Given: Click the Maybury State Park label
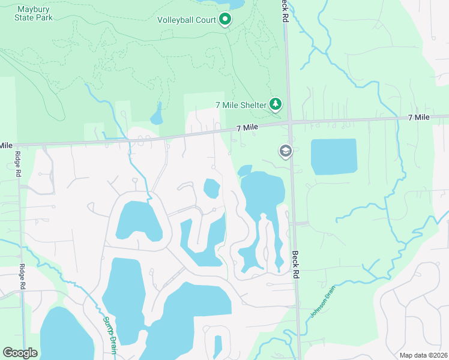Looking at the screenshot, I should tap(34, 13).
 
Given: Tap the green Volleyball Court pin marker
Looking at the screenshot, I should tap(225, 20).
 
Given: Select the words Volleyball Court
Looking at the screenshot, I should tap(186, 20).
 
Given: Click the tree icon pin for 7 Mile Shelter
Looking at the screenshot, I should tap(276, 104).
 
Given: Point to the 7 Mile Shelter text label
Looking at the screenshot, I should tap(240, 105).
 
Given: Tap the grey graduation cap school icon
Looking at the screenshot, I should tap(285, 151).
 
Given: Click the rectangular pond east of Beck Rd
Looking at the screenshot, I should tap(334, 157).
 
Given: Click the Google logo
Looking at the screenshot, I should tap(20, 353).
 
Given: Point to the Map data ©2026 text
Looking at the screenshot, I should tap(423, 355).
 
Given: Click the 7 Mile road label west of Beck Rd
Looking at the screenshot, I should tap(247, 128).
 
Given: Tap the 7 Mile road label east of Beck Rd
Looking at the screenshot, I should tap(418, 117).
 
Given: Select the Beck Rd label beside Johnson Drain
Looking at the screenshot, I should tap(295, 265).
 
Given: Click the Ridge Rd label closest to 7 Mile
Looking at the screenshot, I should tap(17, 163).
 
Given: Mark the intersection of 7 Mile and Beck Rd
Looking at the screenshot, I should tap(290, 122).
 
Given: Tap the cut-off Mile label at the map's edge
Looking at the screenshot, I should tap(6, 145).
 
